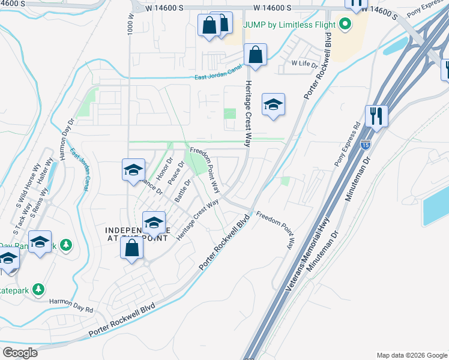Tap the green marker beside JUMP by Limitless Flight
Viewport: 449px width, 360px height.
(345, 25)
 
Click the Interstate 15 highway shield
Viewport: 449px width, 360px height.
(366, 145)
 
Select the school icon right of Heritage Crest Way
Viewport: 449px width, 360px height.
(273, 105)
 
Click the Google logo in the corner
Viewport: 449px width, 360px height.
(20, 352)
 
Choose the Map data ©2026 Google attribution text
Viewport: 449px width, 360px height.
(411, 355)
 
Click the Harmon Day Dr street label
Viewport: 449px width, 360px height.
(66, 138)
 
